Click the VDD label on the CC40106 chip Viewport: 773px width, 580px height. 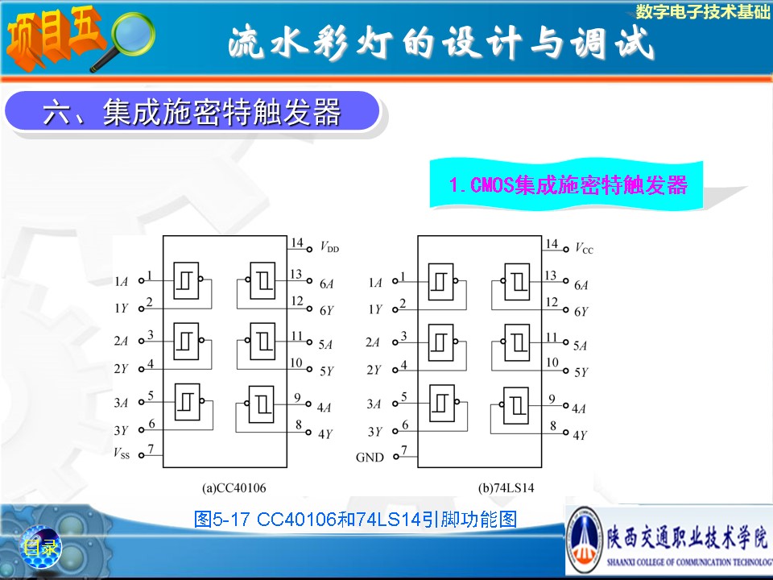point(329,246)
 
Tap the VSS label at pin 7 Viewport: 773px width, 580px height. point(122,453)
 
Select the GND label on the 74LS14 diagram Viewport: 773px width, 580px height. point(370,458)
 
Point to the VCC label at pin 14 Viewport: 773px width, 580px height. point(585,248)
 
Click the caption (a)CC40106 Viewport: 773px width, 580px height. point(234,488)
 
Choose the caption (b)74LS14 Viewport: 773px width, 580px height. point(506,488)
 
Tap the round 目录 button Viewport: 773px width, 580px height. point(40,547)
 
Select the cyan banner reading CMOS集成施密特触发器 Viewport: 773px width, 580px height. point(567,184)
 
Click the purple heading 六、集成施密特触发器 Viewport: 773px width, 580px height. point(192,111)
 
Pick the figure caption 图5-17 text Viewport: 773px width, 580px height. point(355,519)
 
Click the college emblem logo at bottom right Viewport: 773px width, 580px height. point(585,541)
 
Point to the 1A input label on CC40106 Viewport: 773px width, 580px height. point(122,282)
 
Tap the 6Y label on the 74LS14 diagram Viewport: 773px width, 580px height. point(581,312)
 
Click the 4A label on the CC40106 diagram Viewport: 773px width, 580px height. point(324,408)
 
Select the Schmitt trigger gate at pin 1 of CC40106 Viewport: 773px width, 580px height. point(186,280)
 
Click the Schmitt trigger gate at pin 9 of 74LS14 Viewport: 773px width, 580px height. point(516,405)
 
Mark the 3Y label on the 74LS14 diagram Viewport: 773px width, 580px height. point(374,432)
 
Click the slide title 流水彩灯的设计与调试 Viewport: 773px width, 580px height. point(440,43)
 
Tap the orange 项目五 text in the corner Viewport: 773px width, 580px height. point(54,35)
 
